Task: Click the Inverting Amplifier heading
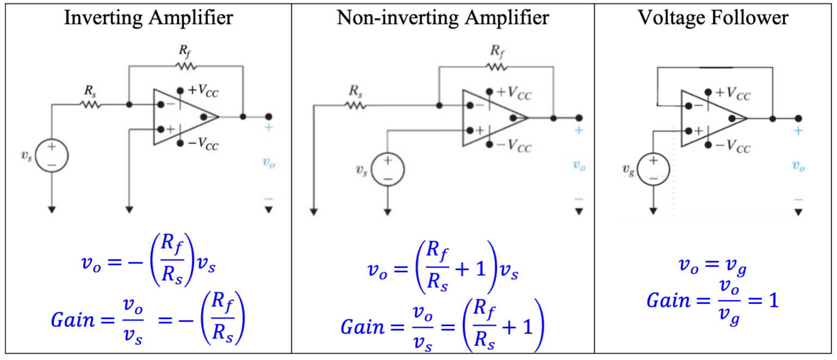click(148, 18)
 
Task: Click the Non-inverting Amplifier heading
click(443, 18)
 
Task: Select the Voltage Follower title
click(713, 18)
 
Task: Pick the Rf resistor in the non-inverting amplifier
click(496, 67)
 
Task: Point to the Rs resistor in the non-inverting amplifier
click(356, 105)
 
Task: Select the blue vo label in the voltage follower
click(798, 166)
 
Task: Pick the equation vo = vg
click(713, 265)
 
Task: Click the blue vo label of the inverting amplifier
click(268, 163)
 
